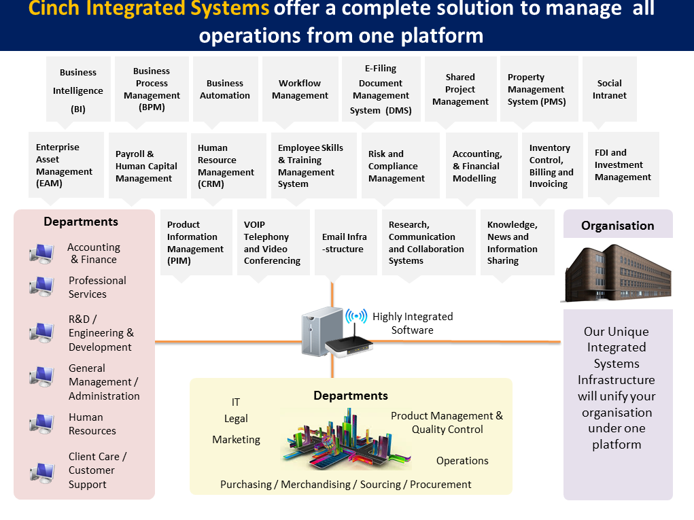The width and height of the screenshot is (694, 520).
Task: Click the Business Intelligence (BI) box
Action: [x=78, y=90]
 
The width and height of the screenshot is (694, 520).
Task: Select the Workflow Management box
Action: [x=300, y=89]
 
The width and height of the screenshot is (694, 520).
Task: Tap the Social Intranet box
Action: [x=610, y=89]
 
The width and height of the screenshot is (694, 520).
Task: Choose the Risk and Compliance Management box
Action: [x=400, y=165]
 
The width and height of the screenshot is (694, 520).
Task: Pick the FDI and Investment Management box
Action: [x=623, y=164]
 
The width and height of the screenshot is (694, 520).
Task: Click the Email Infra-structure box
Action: [x=346, y=243]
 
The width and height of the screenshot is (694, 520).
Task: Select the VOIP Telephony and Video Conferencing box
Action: [x=273, y=243]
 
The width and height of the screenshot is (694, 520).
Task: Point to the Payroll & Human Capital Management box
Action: [x=148, y=165]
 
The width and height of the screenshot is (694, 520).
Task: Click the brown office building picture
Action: [x=618, y=273]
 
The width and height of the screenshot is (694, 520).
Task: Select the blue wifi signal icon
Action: [x=356, y=316]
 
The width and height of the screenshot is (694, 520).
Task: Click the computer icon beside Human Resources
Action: [x=42, y=423]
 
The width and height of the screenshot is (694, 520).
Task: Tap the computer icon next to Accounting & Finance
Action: [x=42, y=254]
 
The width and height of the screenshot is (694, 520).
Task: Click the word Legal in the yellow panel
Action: [x=236, y=419]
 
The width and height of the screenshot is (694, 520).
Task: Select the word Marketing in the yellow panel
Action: [x=237, y=440]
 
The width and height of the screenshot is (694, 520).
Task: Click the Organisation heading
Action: [x=618, y=226]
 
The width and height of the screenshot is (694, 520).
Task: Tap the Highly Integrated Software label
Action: [x=413, y=324]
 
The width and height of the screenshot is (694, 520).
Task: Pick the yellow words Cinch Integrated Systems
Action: [x=149, y=8]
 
